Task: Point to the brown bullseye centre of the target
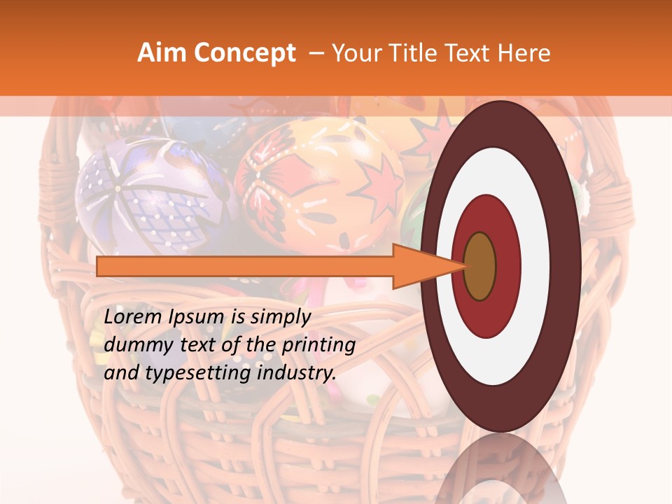pos(479,266)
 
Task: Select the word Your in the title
pos(353,53)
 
